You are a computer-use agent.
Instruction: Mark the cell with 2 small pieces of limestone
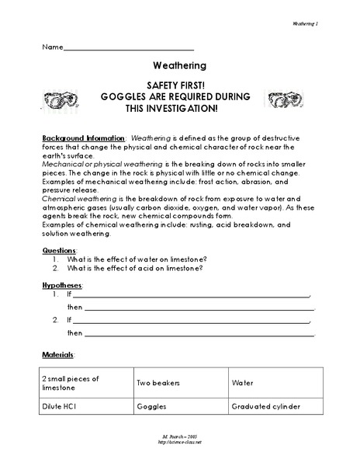[x=71, y=382]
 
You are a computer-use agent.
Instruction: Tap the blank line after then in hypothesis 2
[x=199, y=334]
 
